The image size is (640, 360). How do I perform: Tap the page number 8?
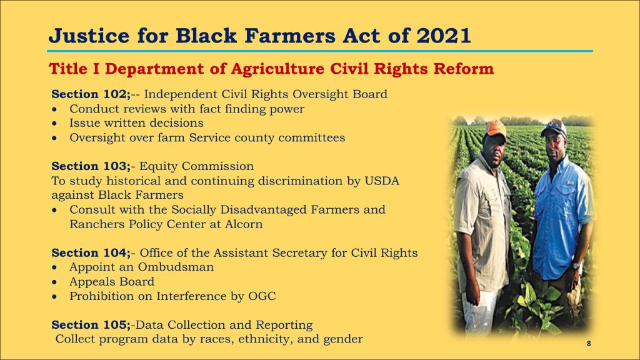[589, 344]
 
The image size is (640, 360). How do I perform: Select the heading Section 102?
[91, 94]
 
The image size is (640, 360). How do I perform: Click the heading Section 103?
[91, 166]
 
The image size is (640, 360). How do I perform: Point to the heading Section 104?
[91, 253]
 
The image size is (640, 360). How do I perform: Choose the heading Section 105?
[91, 325]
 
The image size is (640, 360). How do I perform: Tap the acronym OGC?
[262, 296]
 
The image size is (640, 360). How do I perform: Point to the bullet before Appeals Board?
[55, 282]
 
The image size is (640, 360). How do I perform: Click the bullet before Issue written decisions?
[55, 123]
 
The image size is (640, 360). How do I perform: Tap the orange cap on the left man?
[496, 127]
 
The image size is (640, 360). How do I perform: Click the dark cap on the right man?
[554, 127]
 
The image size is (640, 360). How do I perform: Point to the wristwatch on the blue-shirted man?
[576, 266]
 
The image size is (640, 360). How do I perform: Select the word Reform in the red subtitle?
[464, 69]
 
